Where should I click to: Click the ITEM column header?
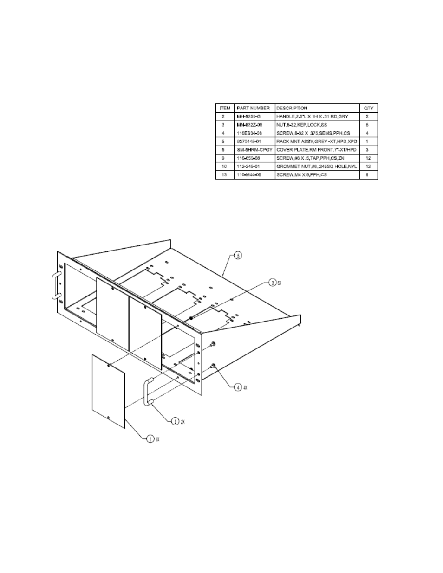click(225, 108)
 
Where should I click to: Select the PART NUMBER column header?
click(253, 108)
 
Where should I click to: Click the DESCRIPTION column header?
click(292, 108)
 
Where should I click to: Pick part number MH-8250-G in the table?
click(249, 116)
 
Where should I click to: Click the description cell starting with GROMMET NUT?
click(316, 167)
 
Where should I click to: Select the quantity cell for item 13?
click(368, 175)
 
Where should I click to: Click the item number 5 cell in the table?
click(223, 142)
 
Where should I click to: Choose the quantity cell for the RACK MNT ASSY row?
click(368, 142)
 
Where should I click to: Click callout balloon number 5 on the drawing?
click(238, 255)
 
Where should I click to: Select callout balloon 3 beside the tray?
click(272, 283)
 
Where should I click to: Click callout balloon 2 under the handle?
click(175, 421)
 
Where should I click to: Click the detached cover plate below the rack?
click(109, 391)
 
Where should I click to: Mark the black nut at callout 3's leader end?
click(191, 318)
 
